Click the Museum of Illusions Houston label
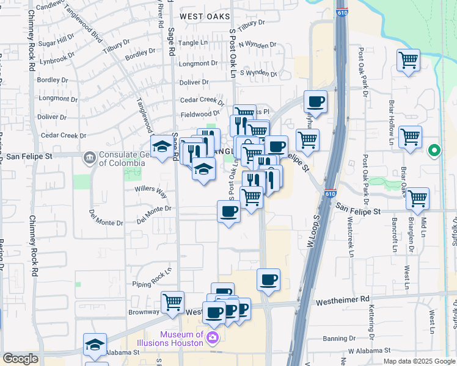coord(181,339)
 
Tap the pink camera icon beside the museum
coord(213,339)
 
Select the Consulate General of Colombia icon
coord(89,158)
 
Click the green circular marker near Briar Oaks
coord(434,150)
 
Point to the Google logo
coord(20,359)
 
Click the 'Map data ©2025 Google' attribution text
coord(419,361)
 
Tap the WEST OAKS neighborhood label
coord(205,16)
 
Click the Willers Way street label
coord(151,192)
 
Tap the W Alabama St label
coord(368,351)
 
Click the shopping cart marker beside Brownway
coord(173,302)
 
